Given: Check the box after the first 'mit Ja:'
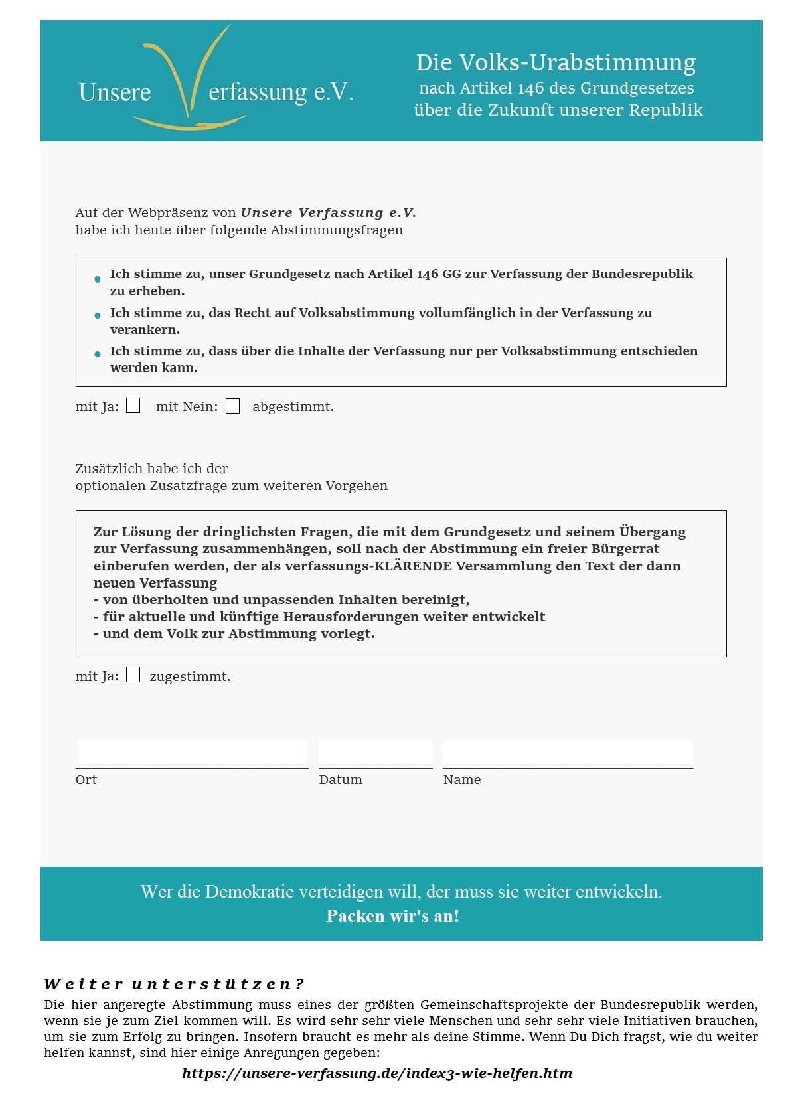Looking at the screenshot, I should (x=133, y=406).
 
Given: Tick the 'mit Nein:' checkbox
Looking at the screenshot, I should (x=232, y=406).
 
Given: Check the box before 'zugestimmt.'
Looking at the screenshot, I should (x=133, y=675).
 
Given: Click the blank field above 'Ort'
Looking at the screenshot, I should (x=192, y=754).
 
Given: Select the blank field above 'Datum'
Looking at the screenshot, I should (x=375, y=754).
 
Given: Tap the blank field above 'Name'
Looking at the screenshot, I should (x=568, y=754).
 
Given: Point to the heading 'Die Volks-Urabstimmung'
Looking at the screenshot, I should (x=556, y=62).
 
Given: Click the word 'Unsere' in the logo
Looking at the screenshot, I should (x=115, y=92).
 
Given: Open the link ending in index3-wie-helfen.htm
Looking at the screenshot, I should (x=377, y=1073).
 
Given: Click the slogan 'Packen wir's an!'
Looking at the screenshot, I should (x=393, y=916).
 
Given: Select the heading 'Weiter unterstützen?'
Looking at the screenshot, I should (x=174, y=983).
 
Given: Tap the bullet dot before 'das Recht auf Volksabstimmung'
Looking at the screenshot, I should (x=98, y=315).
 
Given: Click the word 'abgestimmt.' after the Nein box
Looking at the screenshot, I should (x=293, y=406).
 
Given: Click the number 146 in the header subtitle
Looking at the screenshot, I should (x=530, y=88).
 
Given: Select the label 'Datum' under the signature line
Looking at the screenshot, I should (x=341, y=779).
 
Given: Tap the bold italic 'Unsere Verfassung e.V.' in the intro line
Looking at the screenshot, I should (x=328, y=212).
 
